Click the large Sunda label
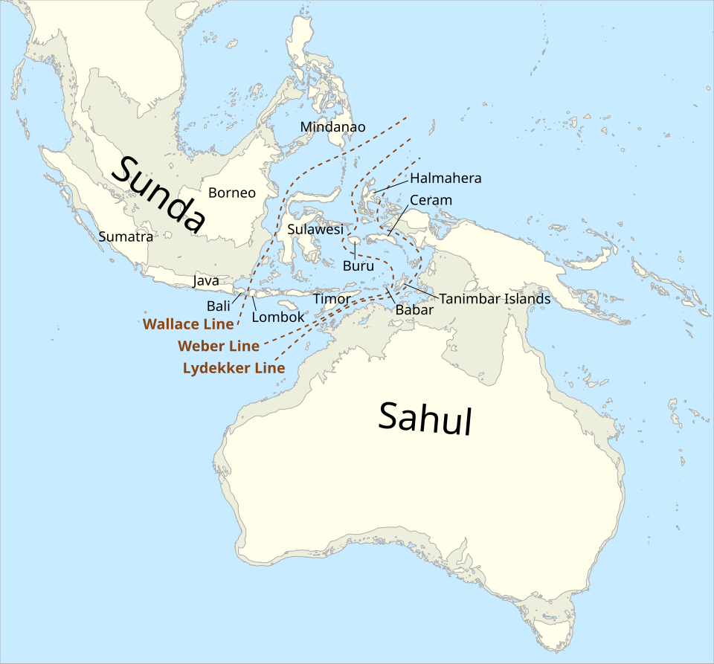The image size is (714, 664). point(158,194)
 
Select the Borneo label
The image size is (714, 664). point(231,193)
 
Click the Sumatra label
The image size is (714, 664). point(126,237)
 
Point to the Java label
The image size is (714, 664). point(205,281)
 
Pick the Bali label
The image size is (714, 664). point(218,306)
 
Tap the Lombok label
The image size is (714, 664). point(277,317)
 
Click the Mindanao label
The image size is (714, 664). point(332,127)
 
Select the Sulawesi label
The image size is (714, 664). point(315,230)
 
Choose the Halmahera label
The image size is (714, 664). point(446,178)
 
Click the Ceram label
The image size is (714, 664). point(431,201)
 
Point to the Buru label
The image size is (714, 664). point(358,265)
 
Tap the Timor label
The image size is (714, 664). point(331,299)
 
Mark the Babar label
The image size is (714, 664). point(414,310)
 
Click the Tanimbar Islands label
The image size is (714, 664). point(495,299)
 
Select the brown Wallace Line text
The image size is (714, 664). point(187,324)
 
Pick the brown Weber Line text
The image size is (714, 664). point(219,346)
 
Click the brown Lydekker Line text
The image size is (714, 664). point(234,368)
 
